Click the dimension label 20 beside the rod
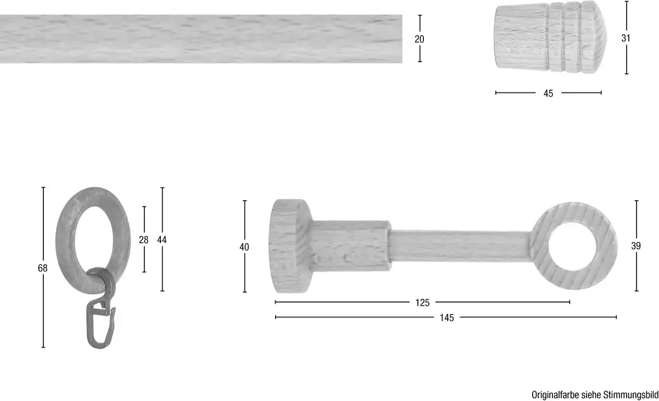(x=419, y=39)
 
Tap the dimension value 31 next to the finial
(x=626, y=38)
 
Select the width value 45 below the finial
(x=548, y=94)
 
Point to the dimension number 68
(x=43, y=268)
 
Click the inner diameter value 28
(x=143, y=239)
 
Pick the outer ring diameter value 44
(x=162, y=239)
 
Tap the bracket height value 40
(x=244, y=246)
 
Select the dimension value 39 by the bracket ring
(x=636, y=246)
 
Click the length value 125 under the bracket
(x=422, y=303)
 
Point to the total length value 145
(x=446, y=317)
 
